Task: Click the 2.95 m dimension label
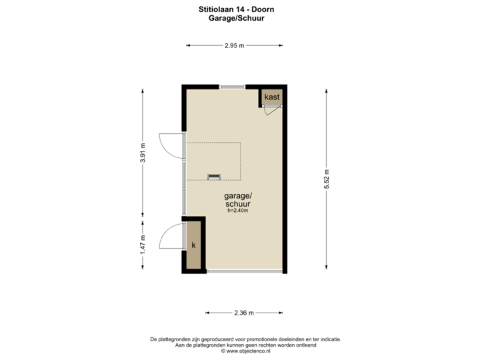click(x=234, y=45)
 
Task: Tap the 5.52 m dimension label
click(x=327, y=179)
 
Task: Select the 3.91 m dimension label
click(x=142, y=152)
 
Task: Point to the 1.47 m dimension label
click(x=142, y=245)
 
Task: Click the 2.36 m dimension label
click(x=243, y=312)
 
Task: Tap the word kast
click(x=271, y=97)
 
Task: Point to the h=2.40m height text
click(x=238, y=211)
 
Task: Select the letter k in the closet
click(x=194, y=245)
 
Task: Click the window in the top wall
click(x=232, y=86)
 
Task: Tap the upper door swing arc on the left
click(x=169, y=144)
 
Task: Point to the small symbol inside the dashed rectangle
click(x=214, y=176)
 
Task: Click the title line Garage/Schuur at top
click(x=237, y=19)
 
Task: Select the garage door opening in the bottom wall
click(x=244, y=271)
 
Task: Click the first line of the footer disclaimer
click(x=246, y=339)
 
